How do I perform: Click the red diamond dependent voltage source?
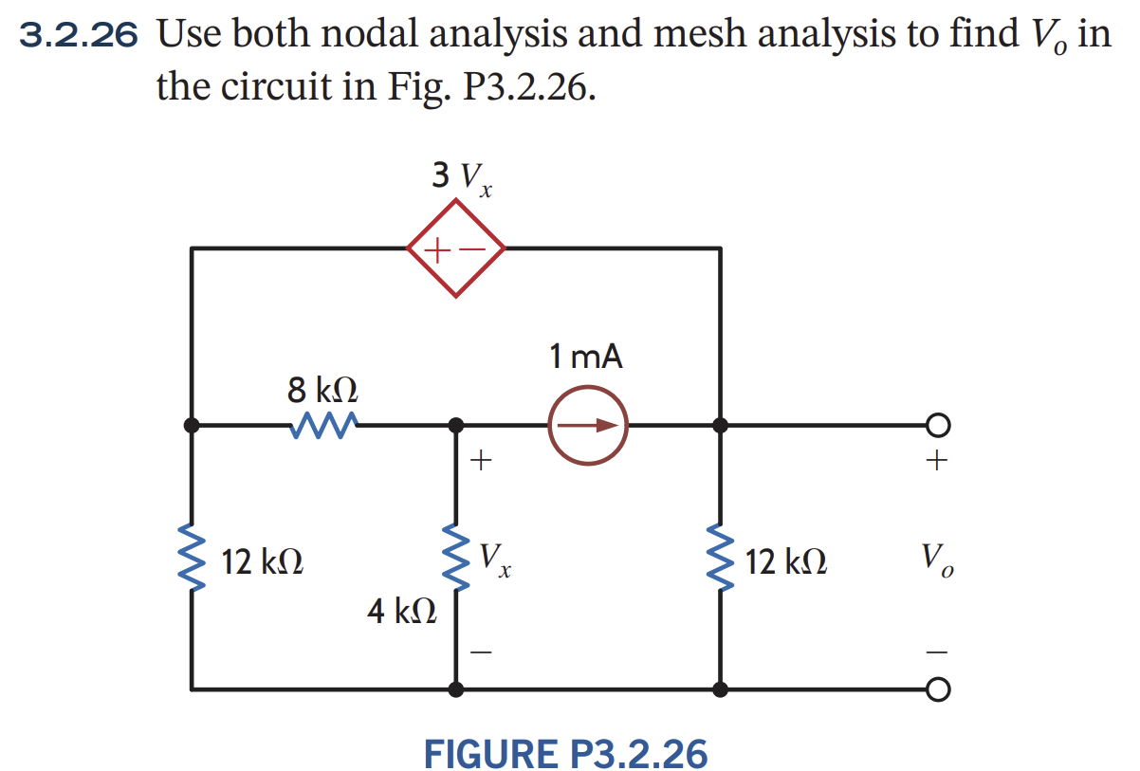(456, 248)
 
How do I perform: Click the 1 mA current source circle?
(588, 425)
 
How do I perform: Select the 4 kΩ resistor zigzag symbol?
(456, 560)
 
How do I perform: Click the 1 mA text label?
(586, 358)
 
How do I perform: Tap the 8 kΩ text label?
(322, 389)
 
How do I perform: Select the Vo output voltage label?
(935, 560)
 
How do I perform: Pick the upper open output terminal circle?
(936, 425)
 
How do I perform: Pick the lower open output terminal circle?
(936, 688)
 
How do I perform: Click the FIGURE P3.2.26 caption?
(565, 754)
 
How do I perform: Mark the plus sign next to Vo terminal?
(936, 462)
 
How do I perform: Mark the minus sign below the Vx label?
(482, 652)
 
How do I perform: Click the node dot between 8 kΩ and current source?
(456, 425)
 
